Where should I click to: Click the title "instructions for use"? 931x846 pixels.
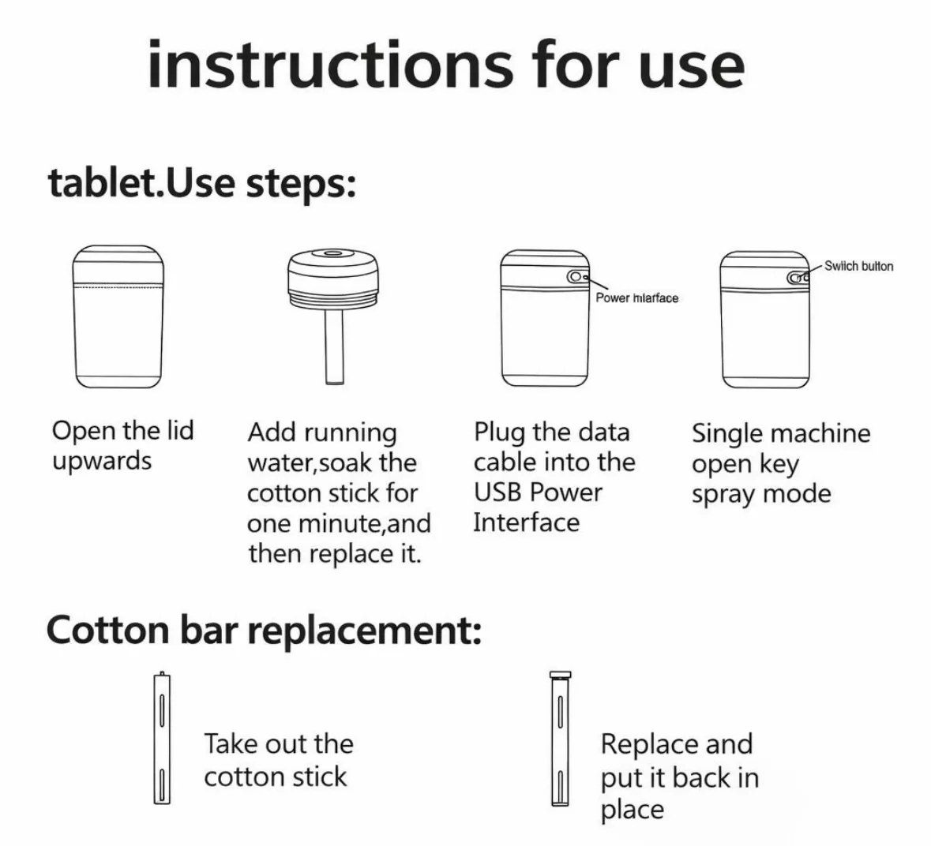point(446,65)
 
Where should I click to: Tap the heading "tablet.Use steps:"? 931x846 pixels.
point(202,183)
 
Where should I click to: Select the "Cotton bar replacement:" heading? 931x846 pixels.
point(264,630)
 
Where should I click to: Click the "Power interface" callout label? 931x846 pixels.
point(636,298)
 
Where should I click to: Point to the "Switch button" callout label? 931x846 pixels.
point(858,267)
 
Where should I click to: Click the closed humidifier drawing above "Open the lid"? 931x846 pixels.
point(118,316)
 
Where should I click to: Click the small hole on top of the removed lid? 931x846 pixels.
point(333,255)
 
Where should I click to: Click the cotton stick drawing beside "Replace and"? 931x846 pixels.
point(560,739)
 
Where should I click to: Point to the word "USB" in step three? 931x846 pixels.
point(497,492)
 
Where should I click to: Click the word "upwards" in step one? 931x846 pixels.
point(102,462)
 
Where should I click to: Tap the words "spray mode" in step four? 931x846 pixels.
point(761,494)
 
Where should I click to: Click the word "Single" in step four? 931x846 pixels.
point(728,434)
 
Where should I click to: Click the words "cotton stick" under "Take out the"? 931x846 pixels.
point(276,777)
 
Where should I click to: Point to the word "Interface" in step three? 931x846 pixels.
point(526,522)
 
